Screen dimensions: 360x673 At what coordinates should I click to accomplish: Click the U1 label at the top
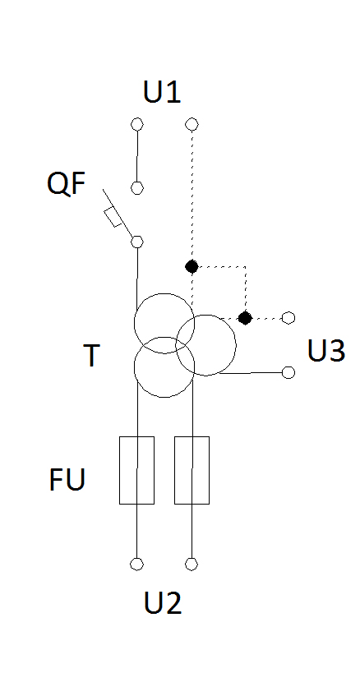tap(162, 91)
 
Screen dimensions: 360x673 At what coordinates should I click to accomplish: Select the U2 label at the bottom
tap(163, 602)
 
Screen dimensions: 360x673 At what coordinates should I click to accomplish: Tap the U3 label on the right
tap(326, 351)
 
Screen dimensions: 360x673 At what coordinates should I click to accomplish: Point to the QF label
tap(66, 183)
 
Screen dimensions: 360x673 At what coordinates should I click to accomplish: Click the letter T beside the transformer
tap(91, 355)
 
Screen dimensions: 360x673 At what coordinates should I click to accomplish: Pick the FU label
tap(67, 479)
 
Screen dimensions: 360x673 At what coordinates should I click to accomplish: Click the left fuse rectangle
tap(136, 470)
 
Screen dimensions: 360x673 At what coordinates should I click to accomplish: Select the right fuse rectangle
tap(192, 470)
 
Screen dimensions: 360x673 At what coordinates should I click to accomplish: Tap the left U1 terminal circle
tap(137, 124)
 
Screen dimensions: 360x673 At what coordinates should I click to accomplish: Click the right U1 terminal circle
tap(192, 124)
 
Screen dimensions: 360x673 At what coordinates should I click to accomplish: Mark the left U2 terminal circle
tap(136, 564)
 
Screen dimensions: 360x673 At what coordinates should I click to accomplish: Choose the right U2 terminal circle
tap(192, 564)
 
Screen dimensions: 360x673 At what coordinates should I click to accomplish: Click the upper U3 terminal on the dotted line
tap(288, 318)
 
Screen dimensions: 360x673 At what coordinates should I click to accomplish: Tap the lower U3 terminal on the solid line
tap(288, 372)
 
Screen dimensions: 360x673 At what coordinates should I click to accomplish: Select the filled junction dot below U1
tap(192, 266)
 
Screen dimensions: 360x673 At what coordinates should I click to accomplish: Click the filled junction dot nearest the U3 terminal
tap(245, 318)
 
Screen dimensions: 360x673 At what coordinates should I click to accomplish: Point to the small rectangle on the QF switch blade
tap(113, 217)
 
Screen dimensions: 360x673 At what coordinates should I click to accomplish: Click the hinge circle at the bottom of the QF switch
tap(137, 242)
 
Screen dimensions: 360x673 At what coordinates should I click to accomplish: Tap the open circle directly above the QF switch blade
tap(137, 188)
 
